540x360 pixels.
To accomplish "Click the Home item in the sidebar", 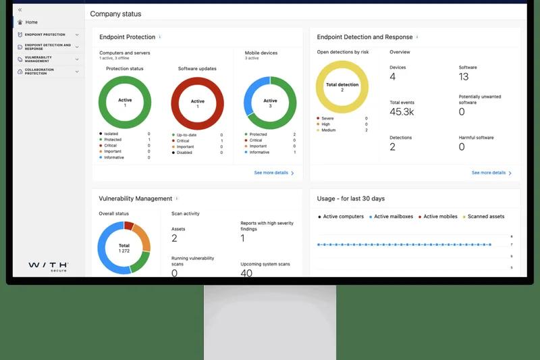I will click(x=31, y=22).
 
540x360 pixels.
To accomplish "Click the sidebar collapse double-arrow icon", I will click(x=20, y=10).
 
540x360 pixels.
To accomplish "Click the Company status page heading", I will click(x=115, y=14).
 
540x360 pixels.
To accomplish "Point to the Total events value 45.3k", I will click(x=402, y=112).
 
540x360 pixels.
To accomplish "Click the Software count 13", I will click(x=464, y=77).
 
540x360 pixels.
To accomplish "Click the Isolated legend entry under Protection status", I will click(x=111, y=134).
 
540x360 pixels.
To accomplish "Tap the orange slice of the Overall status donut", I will click(x=142, y=236).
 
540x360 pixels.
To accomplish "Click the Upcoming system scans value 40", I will click(x=246, y=273).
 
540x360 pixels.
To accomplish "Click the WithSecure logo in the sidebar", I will click(x=48, y=266).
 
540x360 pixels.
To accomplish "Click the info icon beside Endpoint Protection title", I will click(x=160, y=37).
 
